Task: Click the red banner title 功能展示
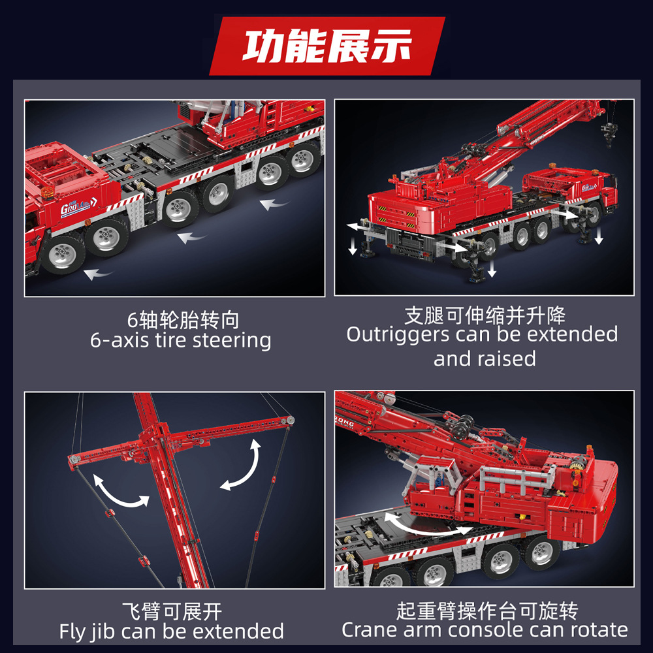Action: tap(327, 46)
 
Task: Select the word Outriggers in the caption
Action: tap(398, 335)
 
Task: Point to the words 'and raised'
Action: tap(485, 358)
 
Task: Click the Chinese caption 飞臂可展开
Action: tap(172, 611)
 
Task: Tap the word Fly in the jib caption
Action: tap(72, 631)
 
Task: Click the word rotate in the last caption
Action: tap(594, 630)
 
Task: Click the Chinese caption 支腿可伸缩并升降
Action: tap(485, 316)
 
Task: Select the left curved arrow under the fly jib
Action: tap(121, 491)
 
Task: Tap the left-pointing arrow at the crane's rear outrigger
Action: tap(357, 226)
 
